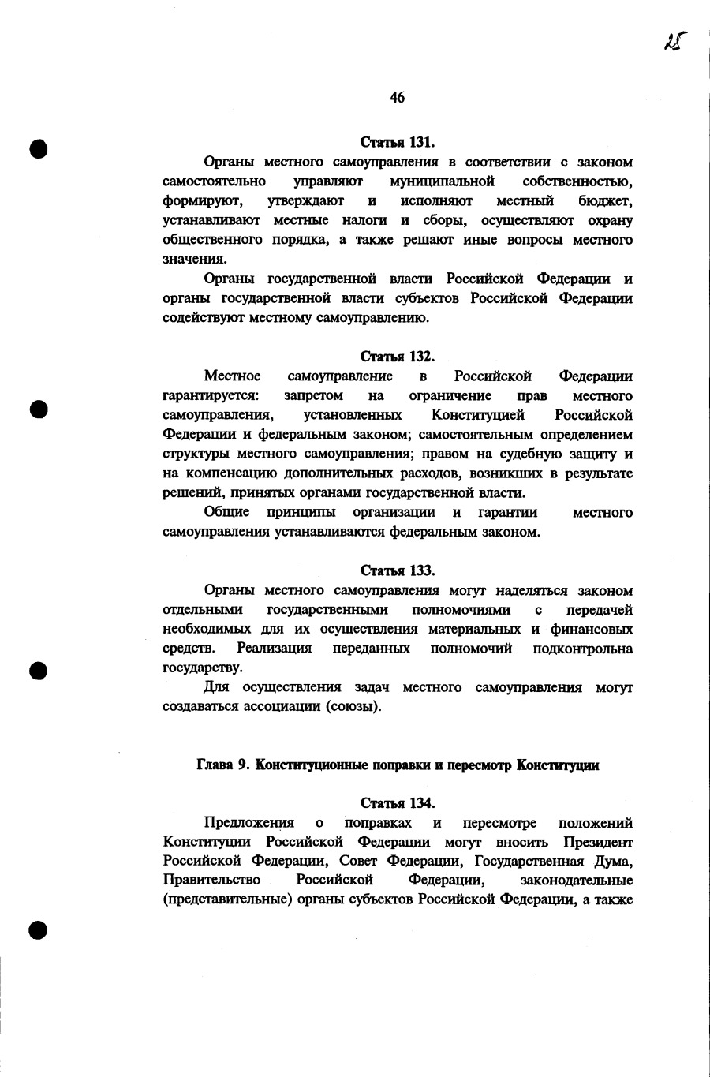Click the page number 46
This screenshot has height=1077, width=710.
point(397,97)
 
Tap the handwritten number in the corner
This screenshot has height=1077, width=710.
point(673,41)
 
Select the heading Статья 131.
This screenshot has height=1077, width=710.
point(398,142)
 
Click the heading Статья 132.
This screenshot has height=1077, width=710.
point(398,357)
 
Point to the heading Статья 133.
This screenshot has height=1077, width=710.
point(398,570)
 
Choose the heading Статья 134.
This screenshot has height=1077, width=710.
point(398,803)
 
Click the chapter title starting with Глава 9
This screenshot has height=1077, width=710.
point(398,765)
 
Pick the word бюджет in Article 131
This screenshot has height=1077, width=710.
point(604,201)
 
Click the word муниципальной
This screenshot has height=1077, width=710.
point(442,181)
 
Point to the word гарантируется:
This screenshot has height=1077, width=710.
point(206,395)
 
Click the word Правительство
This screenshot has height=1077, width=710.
point(211,880)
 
